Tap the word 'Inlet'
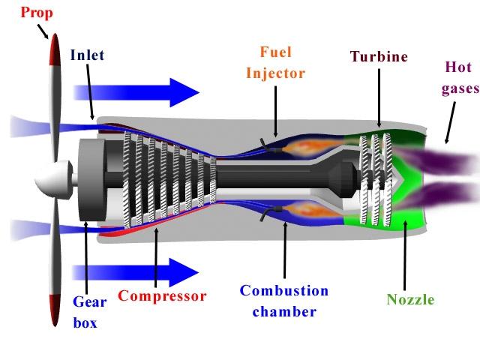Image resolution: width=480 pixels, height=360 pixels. click(87, 55)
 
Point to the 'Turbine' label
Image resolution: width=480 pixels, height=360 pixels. click(379, 56)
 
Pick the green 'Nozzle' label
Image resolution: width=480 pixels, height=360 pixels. click(410, 300)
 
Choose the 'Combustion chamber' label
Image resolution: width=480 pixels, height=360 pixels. click(284, 301)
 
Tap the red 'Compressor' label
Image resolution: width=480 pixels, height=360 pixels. click(162, 296)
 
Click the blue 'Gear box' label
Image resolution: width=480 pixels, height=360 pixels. click(89, 313)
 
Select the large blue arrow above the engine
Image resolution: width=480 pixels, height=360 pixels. click(135, 91)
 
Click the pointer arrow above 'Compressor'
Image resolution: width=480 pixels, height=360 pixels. click(155, 256)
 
